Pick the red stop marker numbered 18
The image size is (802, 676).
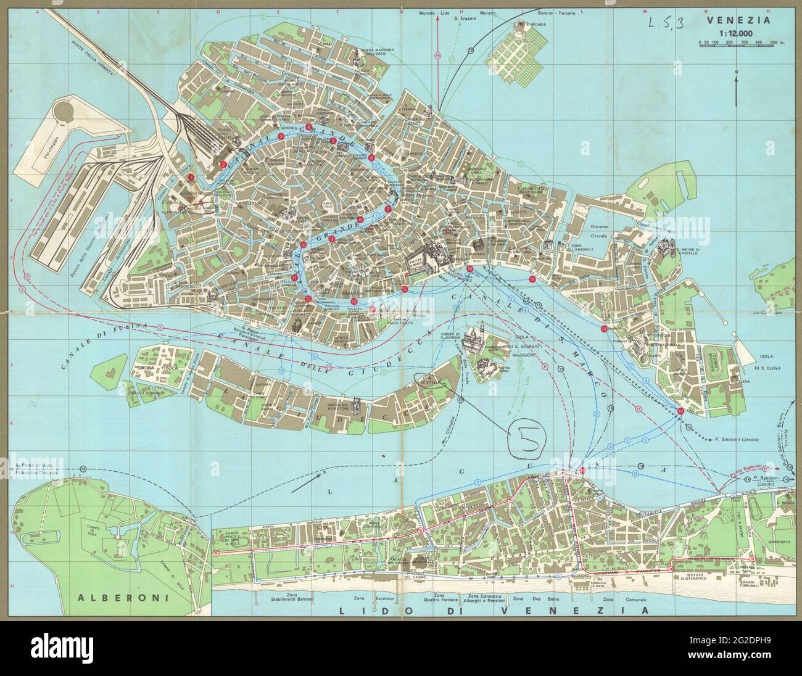point(603,329)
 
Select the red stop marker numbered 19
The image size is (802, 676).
point(680,411)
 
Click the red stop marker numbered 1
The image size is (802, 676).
point(191,177)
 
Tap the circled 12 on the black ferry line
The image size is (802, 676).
point(470,49)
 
